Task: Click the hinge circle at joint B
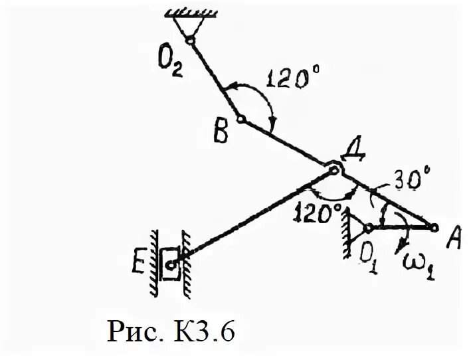click(240, 121)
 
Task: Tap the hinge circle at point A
click(434, 228)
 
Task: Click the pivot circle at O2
click(189, 39)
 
